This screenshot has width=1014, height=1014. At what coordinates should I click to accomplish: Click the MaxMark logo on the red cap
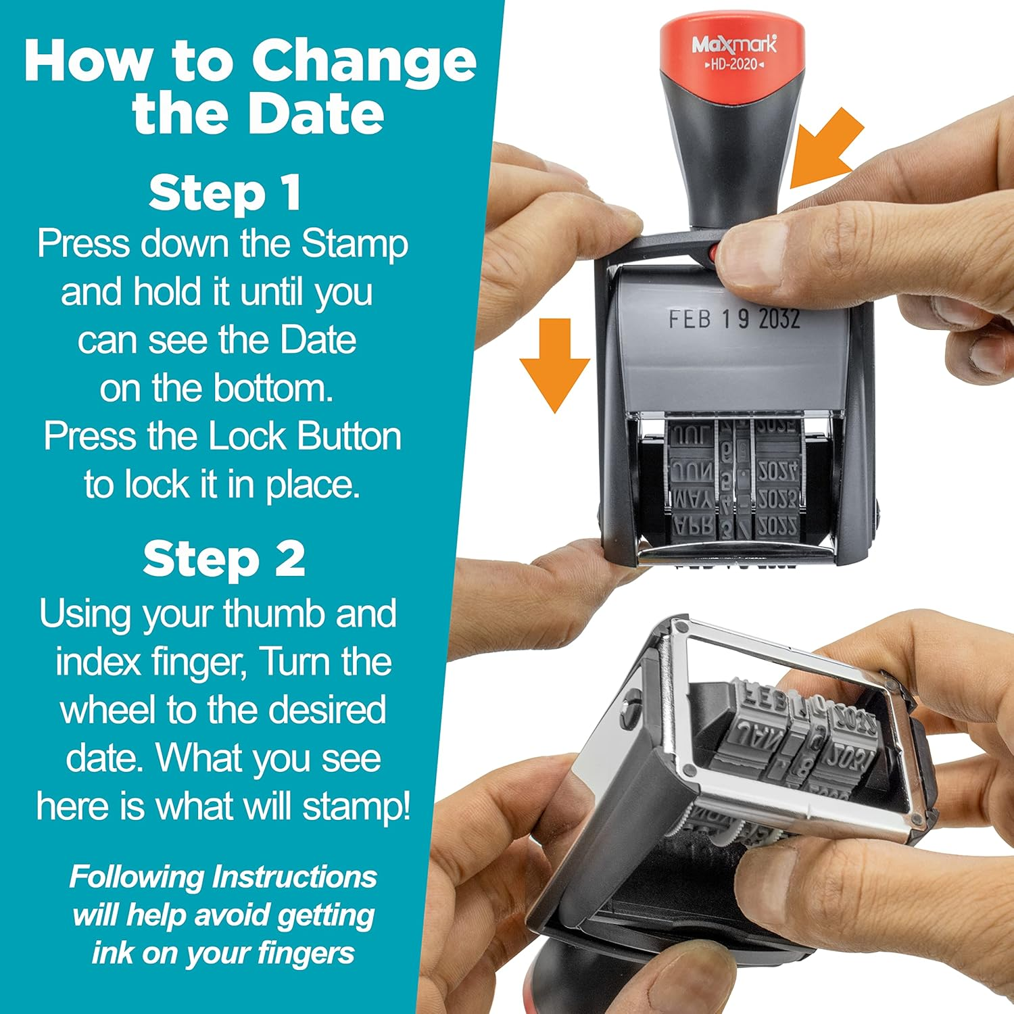point(734,45)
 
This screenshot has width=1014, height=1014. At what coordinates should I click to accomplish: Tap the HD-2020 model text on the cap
point(734,65)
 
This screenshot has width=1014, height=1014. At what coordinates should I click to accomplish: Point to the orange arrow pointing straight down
point(555,365)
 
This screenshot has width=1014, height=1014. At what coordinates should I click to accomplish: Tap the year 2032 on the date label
point(779,319)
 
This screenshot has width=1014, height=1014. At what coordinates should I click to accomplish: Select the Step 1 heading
point(224,193)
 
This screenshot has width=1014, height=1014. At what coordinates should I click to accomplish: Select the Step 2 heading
point(224,560)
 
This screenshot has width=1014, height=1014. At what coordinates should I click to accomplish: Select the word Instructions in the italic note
point(294,877)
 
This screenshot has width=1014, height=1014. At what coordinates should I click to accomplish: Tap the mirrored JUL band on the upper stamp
point(690,436)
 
